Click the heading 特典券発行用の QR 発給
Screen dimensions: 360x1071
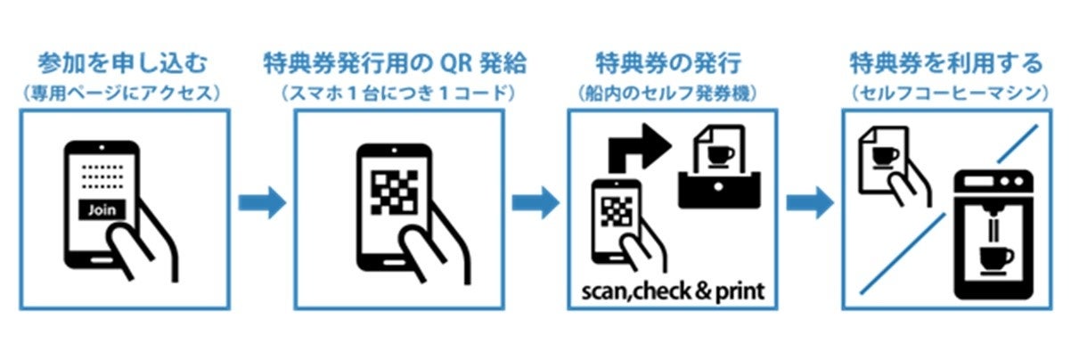[396, 64]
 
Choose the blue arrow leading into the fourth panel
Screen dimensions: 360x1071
[809, 201]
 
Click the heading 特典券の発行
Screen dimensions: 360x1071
[670, 64]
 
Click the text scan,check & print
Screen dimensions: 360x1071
[672, 290]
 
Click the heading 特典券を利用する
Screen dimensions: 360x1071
[946, 64]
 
